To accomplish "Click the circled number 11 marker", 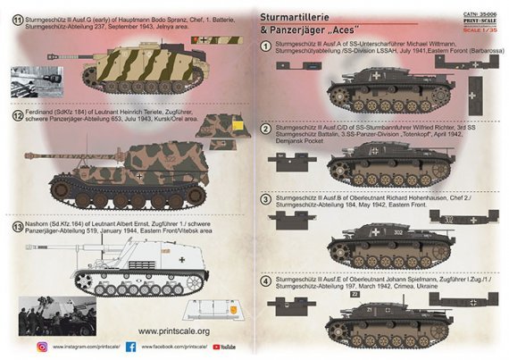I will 14,17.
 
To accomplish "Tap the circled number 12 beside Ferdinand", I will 14,116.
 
